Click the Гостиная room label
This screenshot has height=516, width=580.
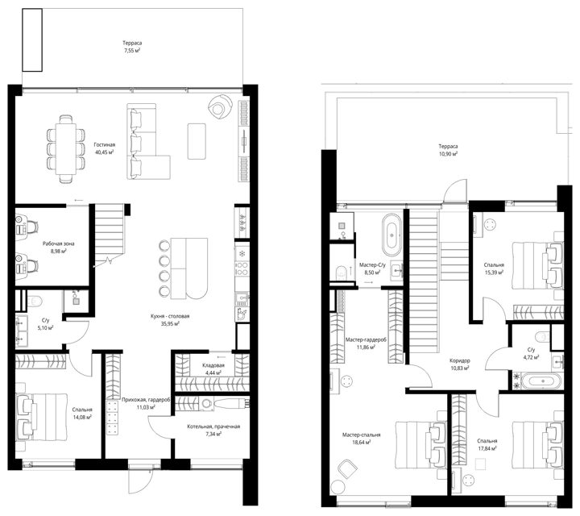[x=104, y=145]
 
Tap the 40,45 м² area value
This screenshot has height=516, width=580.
[x=104, y=152]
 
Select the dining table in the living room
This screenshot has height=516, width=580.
[x=66, y=149]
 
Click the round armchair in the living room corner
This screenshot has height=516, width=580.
[x=219, y=106]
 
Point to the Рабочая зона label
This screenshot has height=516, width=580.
[x=59, y=243]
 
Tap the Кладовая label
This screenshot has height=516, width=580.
[x=213, y=365]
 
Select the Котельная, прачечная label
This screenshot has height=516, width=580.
[x=213, y=427]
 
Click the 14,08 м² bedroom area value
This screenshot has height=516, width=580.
[x=82, y=416]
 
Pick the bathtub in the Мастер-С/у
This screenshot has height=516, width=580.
[x=392, y=235]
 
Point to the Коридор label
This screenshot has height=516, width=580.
[x=460, y=360]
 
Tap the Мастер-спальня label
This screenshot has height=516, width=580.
[x=361, y=435]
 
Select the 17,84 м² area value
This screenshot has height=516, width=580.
[x=487, y=448]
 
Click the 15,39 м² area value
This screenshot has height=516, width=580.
[x=494, y=272]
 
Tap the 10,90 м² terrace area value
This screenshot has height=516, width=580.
[x=449, y=154]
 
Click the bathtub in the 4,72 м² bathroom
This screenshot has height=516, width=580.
[x=543, y=381]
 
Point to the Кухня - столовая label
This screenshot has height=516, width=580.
[x=170, y=316]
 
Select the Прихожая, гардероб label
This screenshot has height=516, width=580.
[x=146, y=400]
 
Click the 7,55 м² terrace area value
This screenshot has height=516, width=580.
[x=132, y=50]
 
